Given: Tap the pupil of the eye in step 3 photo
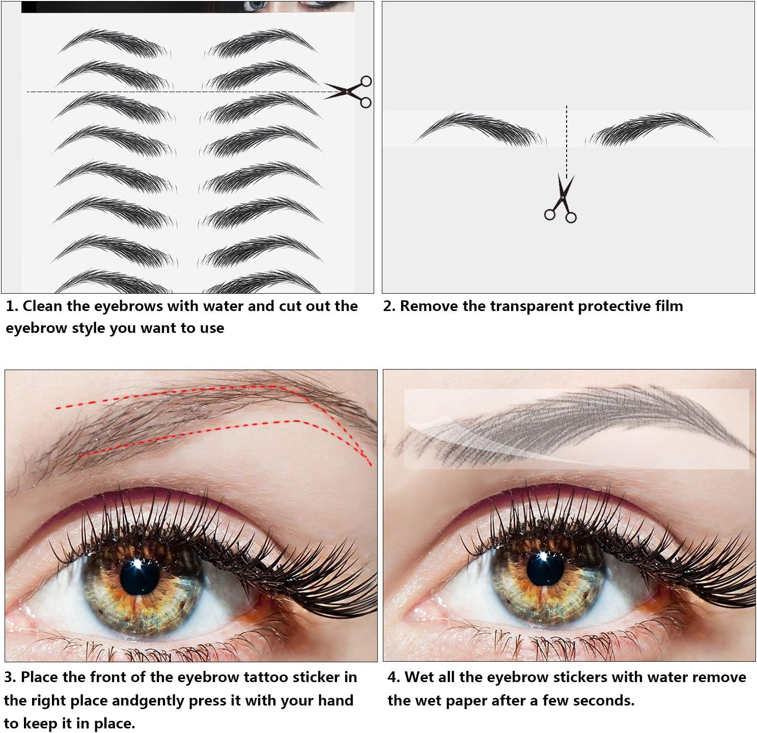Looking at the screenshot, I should [x=139, y=576].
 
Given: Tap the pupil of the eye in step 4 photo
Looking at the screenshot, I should [x=545, y=568].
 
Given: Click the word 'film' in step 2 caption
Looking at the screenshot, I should [x=669, y=306].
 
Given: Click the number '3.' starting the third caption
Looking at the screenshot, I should [x=10, y=677].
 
